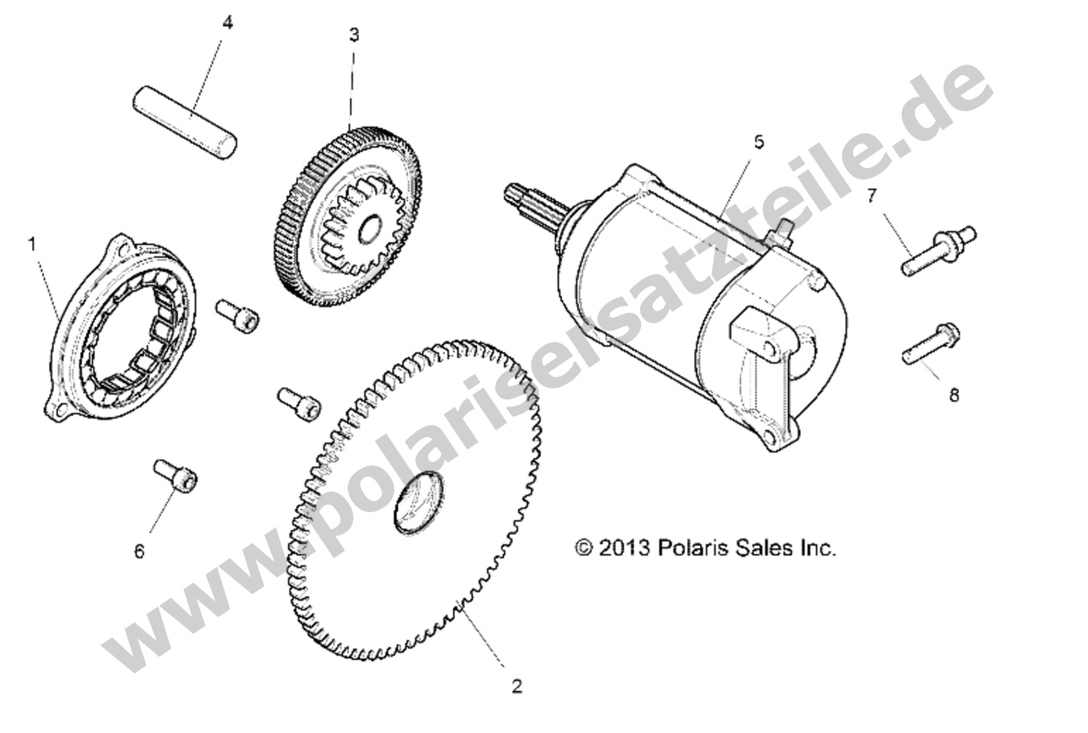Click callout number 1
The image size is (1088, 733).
click(x=32, y=244)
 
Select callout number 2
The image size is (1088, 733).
click(x=517, y=686)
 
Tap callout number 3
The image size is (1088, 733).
click(x=354, y=35)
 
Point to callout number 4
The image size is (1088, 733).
click(x=227, y=23)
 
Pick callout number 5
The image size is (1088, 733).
click(x=759, y=142)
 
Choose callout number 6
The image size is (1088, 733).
click(x=140, y=552)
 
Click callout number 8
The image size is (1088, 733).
click(x=954, y=395)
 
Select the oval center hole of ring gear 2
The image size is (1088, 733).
click(x=419, y=502)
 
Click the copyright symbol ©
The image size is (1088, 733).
click(x=584, y=548)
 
